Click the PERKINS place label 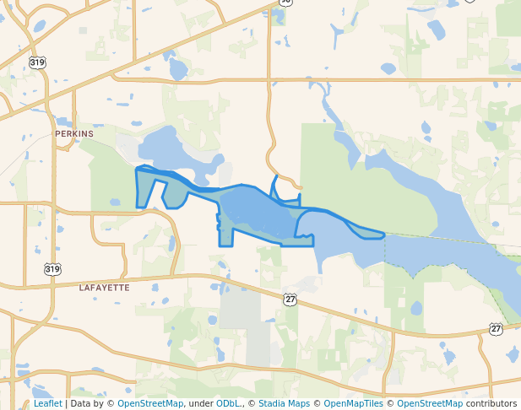[x=73, y=133]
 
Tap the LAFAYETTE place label [x=104, y=288]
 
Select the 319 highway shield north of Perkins [x=36, y=62]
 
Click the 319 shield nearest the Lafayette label [x=52, y=269]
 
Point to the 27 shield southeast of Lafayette [x=290, y=299]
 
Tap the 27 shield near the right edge [x=496, y=327]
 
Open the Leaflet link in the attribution [x=47, y=403]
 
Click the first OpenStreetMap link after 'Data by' [x=150, y=403]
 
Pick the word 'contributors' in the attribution [x=491, y=403]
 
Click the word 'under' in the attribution [x=200, y=403]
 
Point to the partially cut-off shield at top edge [x=286, y=2]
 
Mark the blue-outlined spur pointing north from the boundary [x=275, y=186]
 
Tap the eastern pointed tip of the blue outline [x=383, y=235]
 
